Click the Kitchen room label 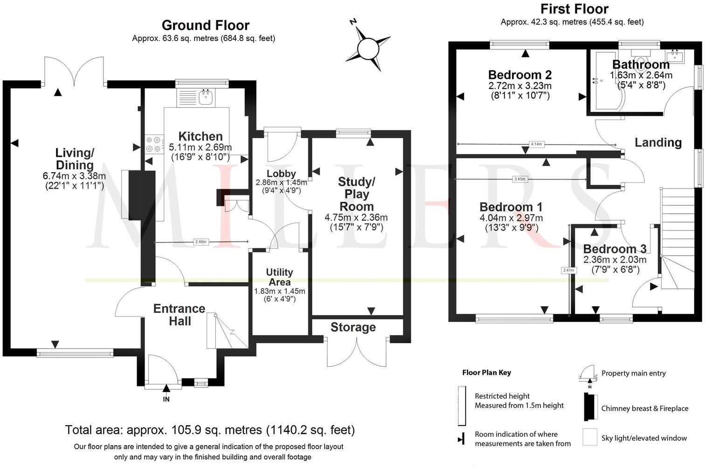[x=200, y=136]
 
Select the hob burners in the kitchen [x=154, y=144]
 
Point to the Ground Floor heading [x=205, y=25]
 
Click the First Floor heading [x=574, y=9]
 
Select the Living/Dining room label [x=75, y=159]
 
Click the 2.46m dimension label [x=200, y=242]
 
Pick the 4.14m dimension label [x=536, y=144]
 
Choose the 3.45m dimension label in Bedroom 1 [x=519, y=179]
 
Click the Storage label [x=353, y=327]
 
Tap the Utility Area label [x=279, y=277]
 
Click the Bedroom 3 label [x=615, y=249]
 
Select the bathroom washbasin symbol [x=677, y=56]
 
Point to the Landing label [x=658, y=142]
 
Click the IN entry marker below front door [x=166, y=399]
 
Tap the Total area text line [x=210, y=429]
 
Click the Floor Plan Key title [x=486, y=372]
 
